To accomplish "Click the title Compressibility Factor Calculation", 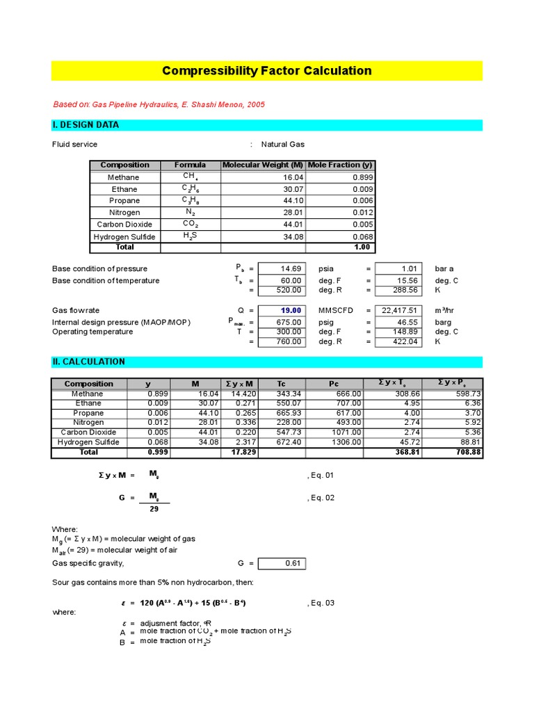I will [266, 71].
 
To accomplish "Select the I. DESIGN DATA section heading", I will [86, 125].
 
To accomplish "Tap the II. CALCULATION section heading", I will [89, 362].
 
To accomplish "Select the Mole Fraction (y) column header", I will [340, 165].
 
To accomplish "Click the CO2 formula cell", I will [191, 224].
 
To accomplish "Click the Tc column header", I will [281, 384].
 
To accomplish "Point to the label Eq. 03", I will [321, 603].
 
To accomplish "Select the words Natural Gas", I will [282, 145].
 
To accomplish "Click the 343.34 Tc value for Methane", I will [285, 394].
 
